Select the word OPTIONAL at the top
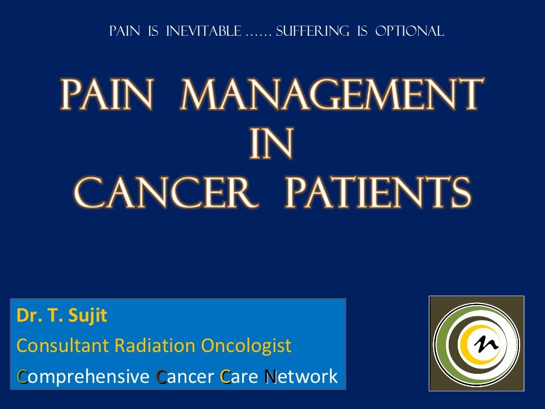(x=409, y=31)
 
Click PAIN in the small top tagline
(x=125, y=31)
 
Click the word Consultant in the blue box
(x=63, y=346)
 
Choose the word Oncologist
(x=246, y=346)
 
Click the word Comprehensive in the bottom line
(x=82, y=377)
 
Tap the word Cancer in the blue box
(x=185, y=377)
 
